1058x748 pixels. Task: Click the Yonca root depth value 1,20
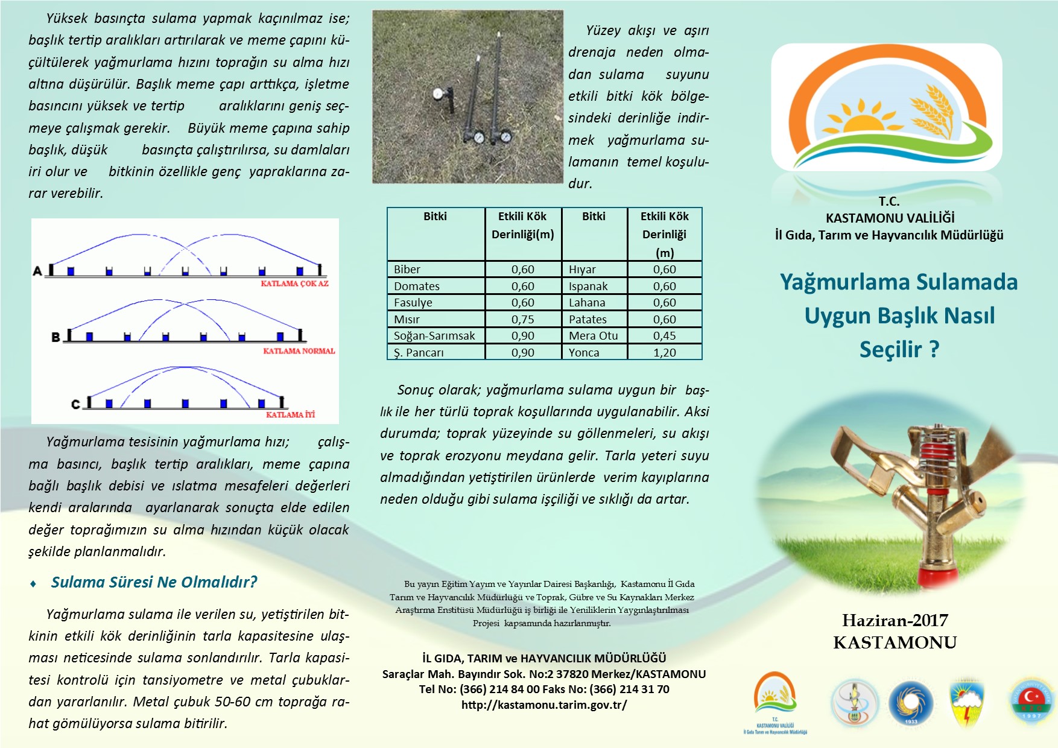tap(664, 352)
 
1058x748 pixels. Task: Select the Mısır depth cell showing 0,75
tap(522, 319)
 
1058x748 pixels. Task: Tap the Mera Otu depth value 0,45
tap(664, 335)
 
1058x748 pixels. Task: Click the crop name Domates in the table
tap(416, 286)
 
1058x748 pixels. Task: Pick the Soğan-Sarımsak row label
tap(434, 335)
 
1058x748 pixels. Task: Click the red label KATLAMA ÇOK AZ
tap(294, 284)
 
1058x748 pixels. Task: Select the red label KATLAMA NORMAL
tap(299, 351)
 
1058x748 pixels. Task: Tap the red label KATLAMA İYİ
tap(290, 415)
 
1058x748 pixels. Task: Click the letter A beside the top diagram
tap(37, 271)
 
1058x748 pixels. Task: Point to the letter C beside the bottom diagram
tap(75, 404)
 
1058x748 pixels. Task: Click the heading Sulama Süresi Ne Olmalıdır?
tap(154, 582)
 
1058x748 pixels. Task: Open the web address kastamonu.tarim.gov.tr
tap(543, 705)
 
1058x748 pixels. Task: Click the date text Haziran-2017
tap(895, 620)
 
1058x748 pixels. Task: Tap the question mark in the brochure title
tap(934, 350)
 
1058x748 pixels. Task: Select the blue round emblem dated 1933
tap(910, 703)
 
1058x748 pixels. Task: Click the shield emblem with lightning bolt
tap(967, 702)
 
